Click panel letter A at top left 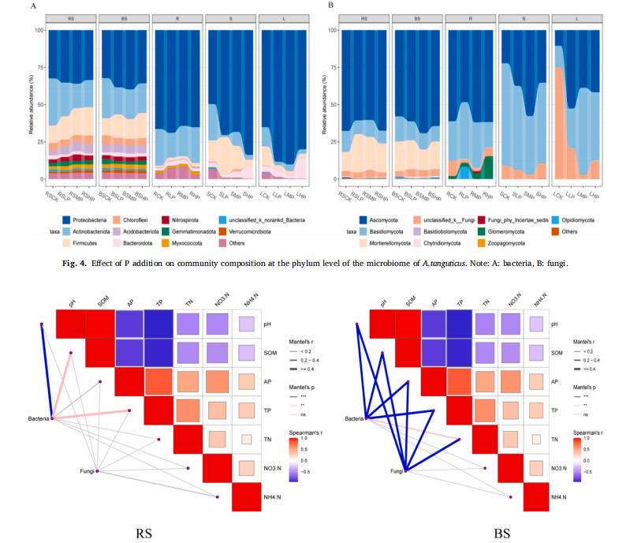pyautogui.click(x=32, y=6)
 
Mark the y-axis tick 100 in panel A pyautogui.click(x=39, y=30)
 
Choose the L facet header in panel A pyautogui.click(x=285, y=17)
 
